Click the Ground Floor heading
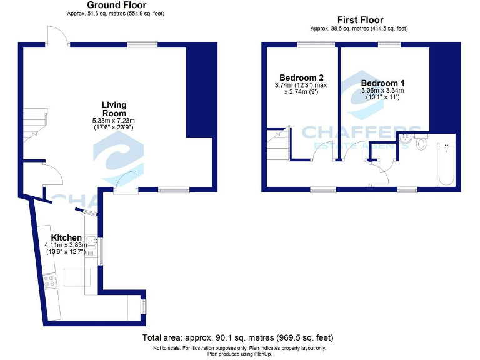tap(116, 5)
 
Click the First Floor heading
tap(360, 20)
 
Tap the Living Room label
tap(114, 109)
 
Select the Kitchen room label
tap(66, 238)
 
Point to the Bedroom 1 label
tap(383, 83)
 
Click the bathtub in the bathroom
tap(446, 164)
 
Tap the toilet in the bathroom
tap(420, 144)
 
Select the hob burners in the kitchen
tap(47, 281)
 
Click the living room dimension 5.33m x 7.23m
tap(114, 120)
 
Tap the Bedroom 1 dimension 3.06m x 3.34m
tap(383, 91)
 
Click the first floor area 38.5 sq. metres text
tap(359, 29)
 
